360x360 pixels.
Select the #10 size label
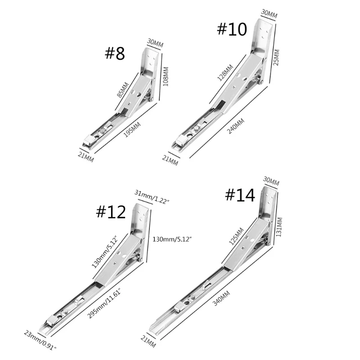(232, 29)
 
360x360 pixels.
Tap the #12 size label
(111, 211)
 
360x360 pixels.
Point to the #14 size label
(240, 195)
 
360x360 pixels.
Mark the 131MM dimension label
(279, 227)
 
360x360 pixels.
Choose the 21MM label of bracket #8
(85, 157)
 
